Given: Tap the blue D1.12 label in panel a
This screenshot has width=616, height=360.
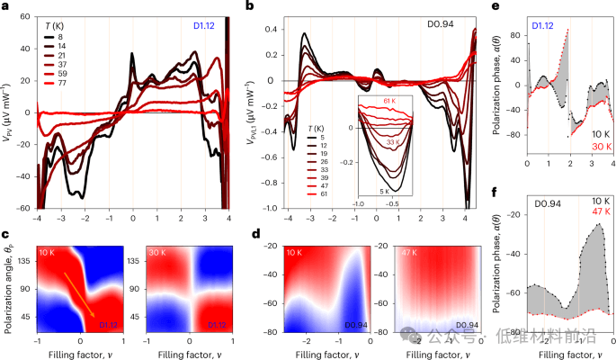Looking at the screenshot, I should coord(203,15).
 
